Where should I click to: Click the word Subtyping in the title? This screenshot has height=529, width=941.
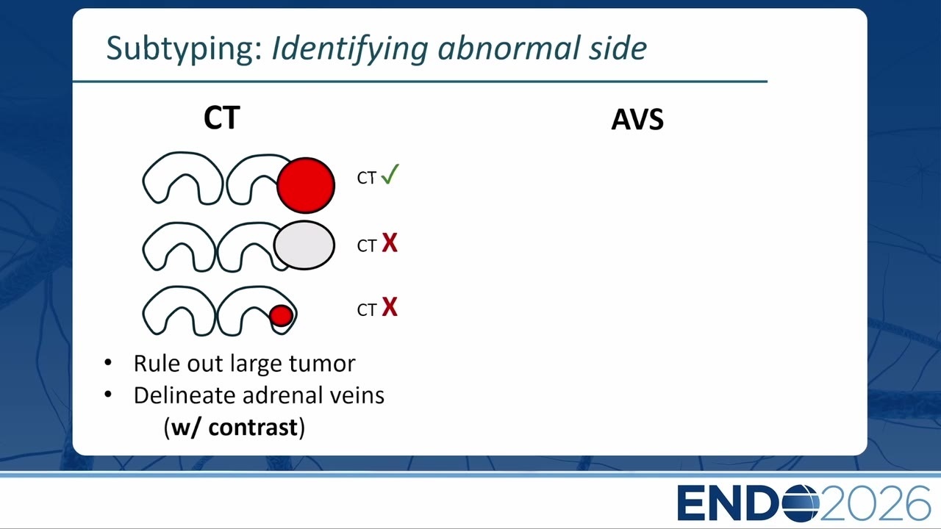coord(184,49)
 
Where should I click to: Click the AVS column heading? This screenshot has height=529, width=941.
coord(637,120)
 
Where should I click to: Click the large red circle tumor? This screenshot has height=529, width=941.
coord(306,185)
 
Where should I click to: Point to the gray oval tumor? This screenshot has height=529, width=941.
coord(304,245)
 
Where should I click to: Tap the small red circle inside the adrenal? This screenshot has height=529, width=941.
coord(281,316)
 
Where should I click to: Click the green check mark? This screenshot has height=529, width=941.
coord(390,174)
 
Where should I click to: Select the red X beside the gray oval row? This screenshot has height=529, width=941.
coord(390,242)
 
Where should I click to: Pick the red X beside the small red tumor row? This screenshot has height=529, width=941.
coord(390,306)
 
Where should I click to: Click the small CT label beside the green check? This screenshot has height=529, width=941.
coord(366,178)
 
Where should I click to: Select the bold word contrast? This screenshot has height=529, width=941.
coord(253,428)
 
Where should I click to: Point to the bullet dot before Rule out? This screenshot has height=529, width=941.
coord(108,362)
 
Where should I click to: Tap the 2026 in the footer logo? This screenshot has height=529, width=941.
coord(875,503)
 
